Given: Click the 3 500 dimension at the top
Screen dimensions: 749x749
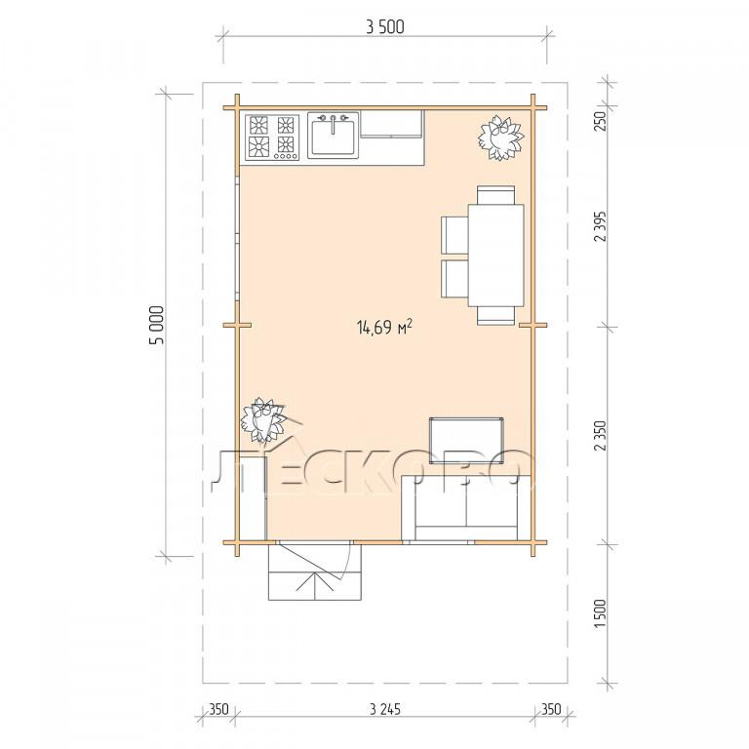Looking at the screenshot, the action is click(385, 26).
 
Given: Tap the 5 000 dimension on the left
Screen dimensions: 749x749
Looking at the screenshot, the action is click(157, 325).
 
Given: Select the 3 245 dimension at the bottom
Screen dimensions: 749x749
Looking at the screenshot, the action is click(385, 709).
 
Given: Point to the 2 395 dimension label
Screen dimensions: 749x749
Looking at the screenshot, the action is click(600, 226).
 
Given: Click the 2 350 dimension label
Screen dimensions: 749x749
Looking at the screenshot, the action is click(600, 436).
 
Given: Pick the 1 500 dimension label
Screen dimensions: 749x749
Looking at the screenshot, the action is click(600, 613).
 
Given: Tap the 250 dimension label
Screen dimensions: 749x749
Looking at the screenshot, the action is click(600, 121).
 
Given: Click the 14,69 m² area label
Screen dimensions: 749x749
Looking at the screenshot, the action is click(384, 328).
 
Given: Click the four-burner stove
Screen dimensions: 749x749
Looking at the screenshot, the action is click(272, 138).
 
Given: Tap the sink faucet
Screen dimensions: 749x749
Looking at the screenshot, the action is click(333, 123).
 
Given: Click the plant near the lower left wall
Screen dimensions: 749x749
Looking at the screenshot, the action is click(262, 420).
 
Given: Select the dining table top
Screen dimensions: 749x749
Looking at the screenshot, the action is click(495, 256).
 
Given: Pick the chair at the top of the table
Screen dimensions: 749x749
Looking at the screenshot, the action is click(495, 195).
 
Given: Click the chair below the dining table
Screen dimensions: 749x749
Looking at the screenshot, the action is click(495, 315).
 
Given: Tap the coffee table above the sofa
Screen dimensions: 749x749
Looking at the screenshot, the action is click(466, 440).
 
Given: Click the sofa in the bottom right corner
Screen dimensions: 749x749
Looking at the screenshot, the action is click(466, 508).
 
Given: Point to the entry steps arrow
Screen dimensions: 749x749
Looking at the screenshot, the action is click(315, 585).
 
